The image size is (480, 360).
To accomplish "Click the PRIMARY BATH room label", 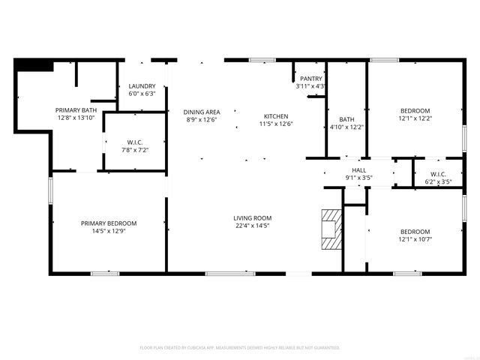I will tap(76, 110).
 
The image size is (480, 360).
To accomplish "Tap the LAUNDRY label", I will tap(142, 86).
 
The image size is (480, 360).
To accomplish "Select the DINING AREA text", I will tap(201, 112).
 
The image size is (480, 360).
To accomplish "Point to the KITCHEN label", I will tap(275, 115).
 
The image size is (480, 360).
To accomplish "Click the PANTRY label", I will tap(310, 79).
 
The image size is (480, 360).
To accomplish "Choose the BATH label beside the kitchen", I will tap(346, 119).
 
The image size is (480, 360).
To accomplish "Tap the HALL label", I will tap(358, 170).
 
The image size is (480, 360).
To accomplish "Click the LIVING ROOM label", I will tap(251, 217).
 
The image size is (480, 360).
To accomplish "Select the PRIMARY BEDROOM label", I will tap(109, 223).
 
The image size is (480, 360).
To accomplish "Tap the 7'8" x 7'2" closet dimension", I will tap(136, 150).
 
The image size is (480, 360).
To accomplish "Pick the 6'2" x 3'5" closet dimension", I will tap(438, 181).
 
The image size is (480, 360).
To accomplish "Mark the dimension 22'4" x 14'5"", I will tap(251, 225).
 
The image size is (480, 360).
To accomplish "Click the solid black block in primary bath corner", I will tap(34, 66).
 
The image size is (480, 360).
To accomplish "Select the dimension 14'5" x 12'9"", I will tap(109, 231).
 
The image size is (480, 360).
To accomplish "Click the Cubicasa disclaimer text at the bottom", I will tap(240, 348).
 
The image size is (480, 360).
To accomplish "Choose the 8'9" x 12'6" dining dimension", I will tap(201, 119).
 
